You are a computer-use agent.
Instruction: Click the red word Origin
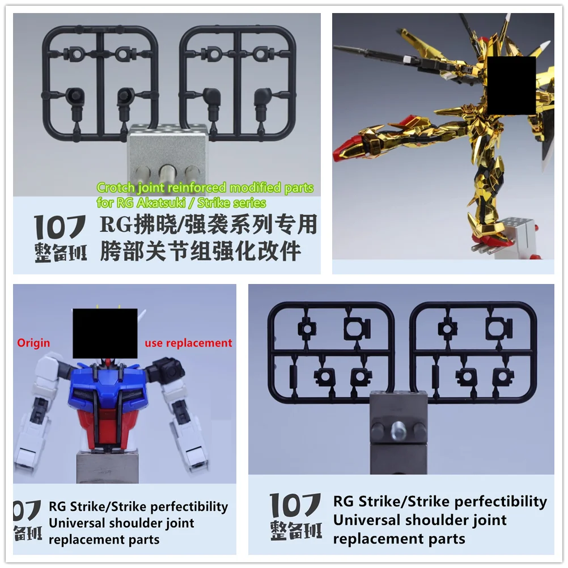pyautogui.click(x=33, y=343)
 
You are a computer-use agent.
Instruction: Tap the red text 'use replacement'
pyautogui.click(x=188, y=343)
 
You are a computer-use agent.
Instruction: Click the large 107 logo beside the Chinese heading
pyautogui.click(x=60, y=227)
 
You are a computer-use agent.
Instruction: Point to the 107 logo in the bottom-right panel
pyautogui.click(x=295, y=505)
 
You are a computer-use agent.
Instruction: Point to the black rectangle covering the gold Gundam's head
pyautogui.click(x=511, y=86)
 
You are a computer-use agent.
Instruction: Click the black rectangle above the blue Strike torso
pyautogui.click(x=105, y=333)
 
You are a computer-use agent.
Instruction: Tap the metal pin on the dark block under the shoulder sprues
pyautogui.click(x=399, y=428)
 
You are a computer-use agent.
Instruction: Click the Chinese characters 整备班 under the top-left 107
pyautogui.click(x=61, y=252)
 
